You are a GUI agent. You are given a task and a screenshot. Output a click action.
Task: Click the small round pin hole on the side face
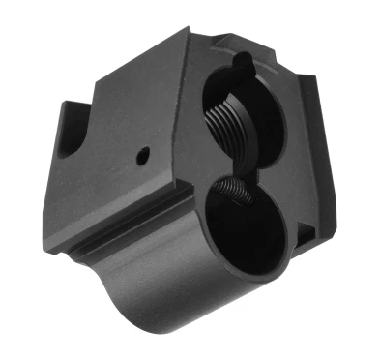coord(143,154)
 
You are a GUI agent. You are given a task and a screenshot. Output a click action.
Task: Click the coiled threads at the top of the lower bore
coord(236,193)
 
